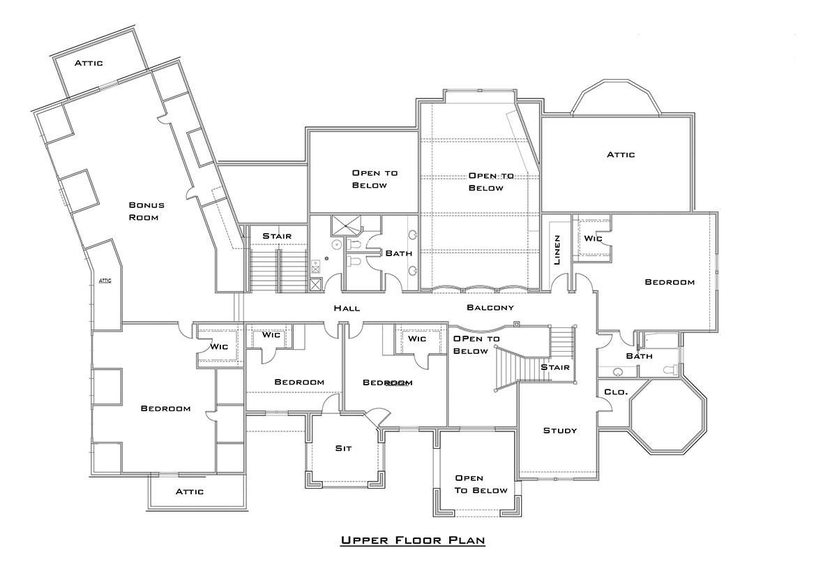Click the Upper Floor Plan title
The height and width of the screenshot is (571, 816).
[413, 540]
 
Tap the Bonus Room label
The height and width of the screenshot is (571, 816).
[146, 211]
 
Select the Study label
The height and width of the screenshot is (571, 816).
[560, 430]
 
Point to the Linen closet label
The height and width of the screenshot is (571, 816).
[557, 250]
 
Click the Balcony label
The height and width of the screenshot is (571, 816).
[490, 307]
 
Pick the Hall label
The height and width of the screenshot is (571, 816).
[347, 309]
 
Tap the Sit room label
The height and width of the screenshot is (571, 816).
[343, 448]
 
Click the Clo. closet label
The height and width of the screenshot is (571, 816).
[616, 392]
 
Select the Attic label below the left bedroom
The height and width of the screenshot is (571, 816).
[190, 491]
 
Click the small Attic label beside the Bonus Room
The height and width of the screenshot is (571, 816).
[105, 281]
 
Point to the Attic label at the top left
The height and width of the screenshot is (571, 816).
[89, 63]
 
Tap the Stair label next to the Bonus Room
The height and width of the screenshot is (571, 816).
[277, 236]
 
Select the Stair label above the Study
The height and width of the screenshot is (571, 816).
[555, 367]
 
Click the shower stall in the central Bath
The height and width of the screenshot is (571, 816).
[345, 225]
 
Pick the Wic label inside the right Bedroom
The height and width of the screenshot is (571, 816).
[593, 239]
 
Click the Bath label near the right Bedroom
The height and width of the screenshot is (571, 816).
[639, 356]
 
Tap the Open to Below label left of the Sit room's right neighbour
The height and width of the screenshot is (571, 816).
[481, 484]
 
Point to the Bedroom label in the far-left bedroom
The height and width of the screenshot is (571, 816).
[165, 408]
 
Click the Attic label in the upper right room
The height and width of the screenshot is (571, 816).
[621, 155]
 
